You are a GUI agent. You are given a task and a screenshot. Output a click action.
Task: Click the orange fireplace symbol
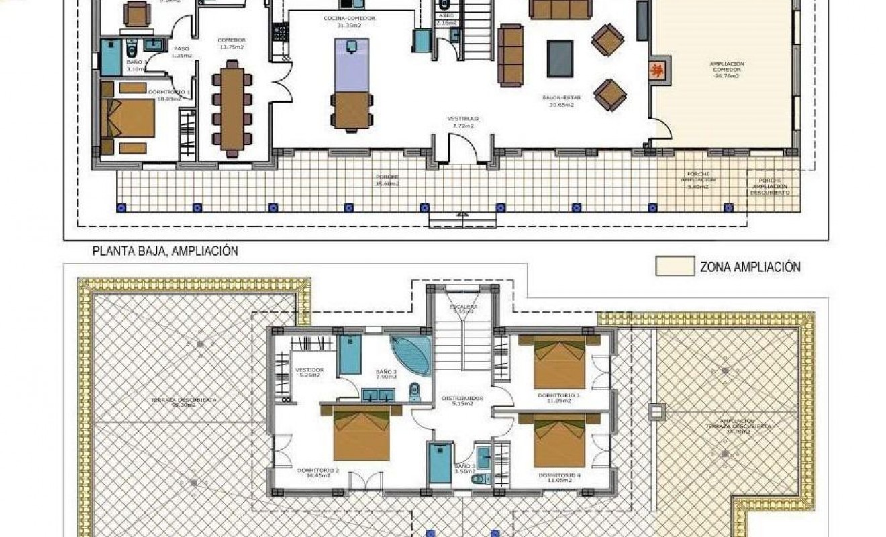(658, 69)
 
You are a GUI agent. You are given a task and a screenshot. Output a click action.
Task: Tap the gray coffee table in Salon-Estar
(560, 58)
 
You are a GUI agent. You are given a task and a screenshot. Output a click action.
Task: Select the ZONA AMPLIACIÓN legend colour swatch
(675, 266)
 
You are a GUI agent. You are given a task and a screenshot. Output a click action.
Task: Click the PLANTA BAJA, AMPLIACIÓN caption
(165, 251)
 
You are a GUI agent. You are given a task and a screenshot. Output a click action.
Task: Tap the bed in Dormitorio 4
(560, 440)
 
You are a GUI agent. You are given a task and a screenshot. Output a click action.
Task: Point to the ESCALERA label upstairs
(463, 308)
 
